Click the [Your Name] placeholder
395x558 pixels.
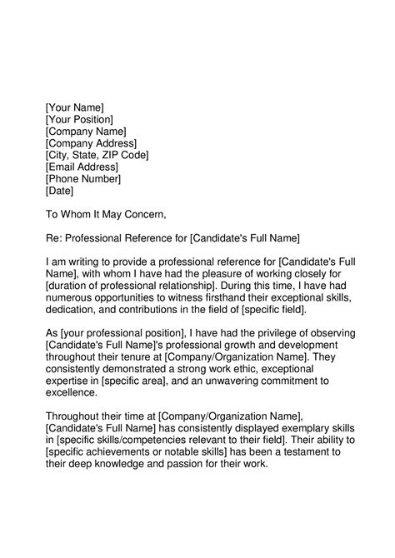[74, 107]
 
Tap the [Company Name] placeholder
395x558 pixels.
[86, 132]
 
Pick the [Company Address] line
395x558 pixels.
[91, 143]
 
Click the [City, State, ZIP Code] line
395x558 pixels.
[97, 155]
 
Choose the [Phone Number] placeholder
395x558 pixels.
[83, 178]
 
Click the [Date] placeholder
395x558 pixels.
[60, 191]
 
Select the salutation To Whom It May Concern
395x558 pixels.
[112, 215]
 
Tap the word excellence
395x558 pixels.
[72, 393]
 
